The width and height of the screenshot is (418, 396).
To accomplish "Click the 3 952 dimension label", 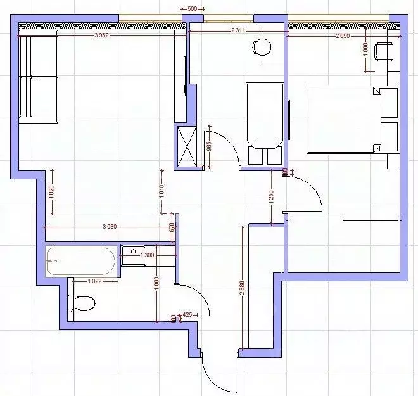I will click(101, 35).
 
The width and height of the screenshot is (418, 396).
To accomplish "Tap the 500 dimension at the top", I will click(193, 9).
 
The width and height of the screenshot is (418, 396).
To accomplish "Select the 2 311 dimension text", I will click(238, 30).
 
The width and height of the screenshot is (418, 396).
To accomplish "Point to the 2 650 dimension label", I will click(346, 35).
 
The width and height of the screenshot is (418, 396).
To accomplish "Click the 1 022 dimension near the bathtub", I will click(94, 280).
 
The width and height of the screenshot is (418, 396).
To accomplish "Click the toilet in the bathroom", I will click(82, 303).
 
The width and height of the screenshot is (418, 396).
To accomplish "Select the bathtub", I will click(81, 261).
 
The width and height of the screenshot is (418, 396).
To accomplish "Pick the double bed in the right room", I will click(351, 120).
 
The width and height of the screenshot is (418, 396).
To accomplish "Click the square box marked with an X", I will click(188, 146).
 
